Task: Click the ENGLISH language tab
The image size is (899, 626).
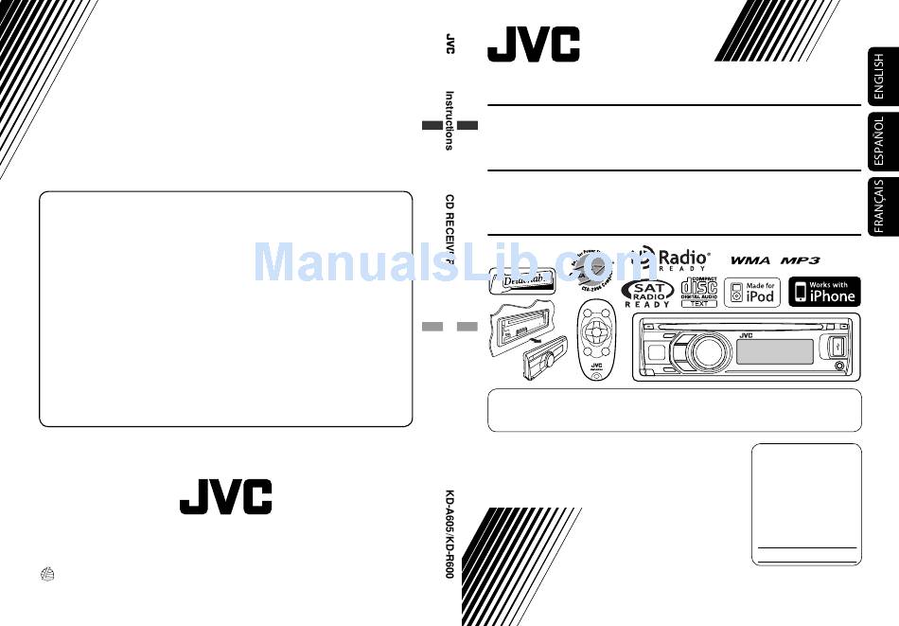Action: click(879, 76)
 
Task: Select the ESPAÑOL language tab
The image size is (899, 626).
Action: click(879, 141)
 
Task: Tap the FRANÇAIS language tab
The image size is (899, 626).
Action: click(879, 206)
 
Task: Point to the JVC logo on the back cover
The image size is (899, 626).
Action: click(225, 496)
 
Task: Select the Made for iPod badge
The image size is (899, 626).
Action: click(752, 292)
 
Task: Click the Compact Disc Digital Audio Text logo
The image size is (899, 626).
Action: click(699, 292)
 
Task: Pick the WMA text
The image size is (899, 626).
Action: click(752, 259)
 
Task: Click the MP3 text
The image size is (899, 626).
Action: click(800, 259)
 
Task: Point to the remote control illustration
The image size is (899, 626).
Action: click(596, 341)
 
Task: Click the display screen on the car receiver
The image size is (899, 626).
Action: click(773, 351)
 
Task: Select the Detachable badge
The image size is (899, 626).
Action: click(523, 280)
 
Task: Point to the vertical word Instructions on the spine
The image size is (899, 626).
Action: click(449, 120)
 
